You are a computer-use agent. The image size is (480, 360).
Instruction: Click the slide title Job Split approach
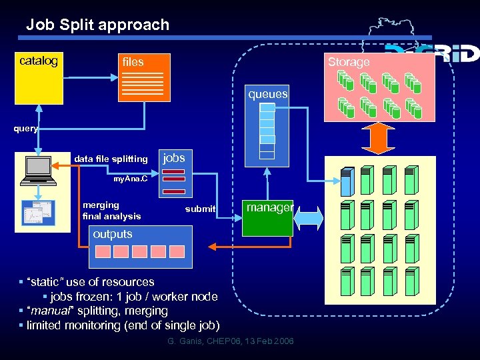click(x=97, y=25)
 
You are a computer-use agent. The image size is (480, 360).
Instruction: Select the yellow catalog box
click(x=39, y=78)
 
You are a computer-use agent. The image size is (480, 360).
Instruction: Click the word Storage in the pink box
click(x=348, y=62)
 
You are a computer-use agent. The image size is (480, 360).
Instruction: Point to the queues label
click(x=268, y=95)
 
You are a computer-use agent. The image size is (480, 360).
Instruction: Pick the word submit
click(x=200, y=209)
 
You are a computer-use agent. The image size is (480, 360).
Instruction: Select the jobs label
click(x=174, y=157)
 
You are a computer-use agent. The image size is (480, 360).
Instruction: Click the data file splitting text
click(x=111, y=159)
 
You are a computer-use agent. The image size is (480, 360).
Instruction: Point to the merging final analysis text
click(x=111, y=211)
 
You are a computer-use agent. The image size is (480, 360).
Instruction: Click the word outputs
click(x=113, y=234)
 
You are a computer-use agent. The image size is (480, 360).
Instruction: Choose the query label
click(x=26, y=129)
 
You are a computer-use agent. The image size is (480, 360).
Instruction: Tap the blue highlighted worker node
click(x=347, y=181)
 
